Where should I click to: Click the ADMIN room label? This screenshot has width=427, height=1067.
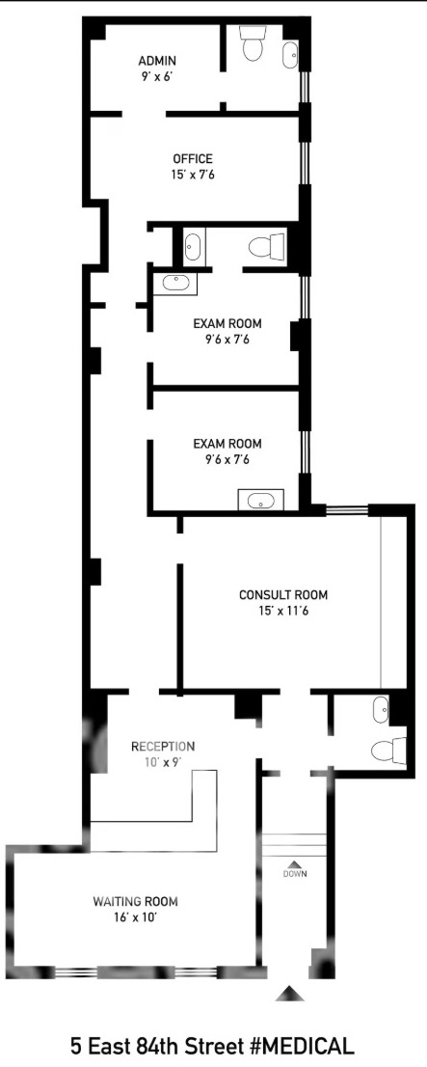click(157, 60)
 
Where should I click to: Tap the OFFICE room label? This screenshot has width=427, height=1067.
click(192, 159)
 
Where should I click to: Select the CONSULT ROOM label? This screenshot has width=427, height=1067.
click(282, 594)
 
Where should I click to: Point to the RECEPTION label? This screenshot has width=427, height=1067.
click(163, 746)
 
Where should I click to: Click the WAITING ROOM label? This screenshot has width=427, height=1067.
click(135, 902)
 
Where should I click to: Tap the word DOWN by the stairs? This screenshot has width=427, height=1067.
click(295, 874)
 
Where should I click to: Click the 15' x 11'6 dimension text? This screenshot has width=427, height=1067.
click(282, 611)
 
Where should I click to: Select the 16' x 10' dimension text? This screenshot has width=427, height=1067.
click(135, 918)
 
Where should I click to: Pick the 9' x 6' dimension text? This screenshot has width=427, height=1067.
click(157, 76)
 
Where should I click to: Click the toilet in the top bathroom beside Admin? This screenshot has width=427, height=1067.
click(253, 44)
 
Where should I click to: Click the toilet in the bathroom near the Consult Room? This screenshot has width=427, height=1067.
click(388, 752)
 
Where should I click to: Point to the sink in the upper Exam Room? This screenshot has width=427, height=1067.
click(175, 283)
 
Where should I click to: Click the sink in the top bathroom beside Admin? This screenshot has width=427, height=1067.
click(290, 54)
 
